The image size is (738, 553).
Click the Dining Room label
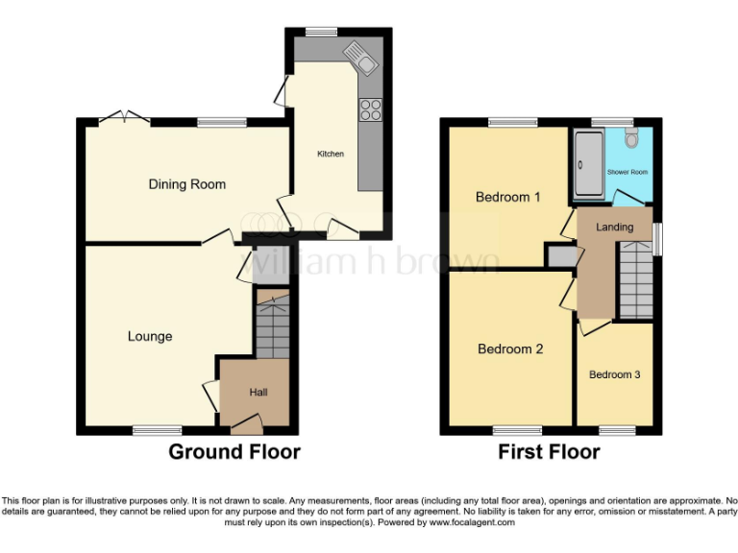(186, 184)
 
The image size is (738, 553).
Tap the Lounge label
(150, 336)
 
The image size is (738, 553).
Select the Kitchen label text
(331, 154)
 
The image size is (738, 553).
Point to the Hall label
(258, 392)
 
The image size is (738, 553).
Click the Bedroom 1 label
(507, 197)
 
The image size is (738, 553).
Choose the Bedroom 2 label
(510, 349)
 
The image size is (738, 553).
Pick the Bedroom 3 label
(614, 374)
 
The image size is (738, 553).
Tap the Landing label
(614, 228)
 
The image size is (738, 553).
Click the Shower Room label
(627, 172)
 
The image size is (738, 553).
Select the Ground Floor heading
(234, 451)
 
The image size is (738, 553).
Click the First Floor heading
(549, 451)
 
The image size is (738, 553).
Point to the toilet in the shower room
(630, 139)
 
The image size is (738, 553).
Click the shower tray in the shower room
(587, 164)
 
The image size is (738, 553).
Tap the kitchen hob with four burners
(370, 110)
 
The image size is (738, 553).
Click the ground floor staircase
(273, 326)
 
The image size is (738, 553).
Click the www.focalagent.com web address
(472, 523)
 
